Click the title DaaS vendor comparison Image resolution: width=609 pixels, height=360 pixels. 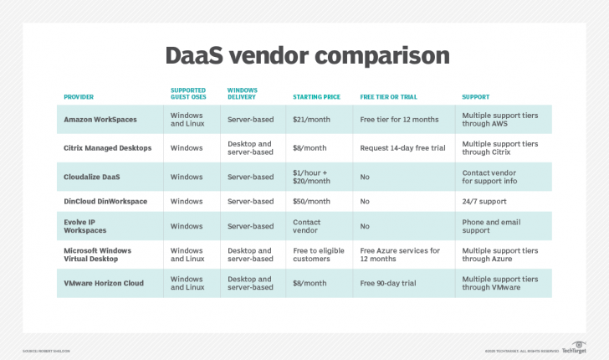pos(304,56)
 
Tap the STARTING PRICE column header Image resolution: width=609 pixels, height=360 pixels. pos(316,97)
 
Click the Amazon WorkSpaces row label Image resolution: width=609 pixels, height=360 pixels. pos(100,120)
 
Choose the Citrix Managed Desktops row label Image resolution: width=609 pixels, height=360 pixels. pos(108,148)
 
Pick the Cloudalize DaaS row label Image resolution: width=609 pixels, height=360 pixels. pos(95,177)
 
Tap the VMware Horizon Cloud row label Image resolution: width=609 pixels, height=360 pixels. pos(104,283)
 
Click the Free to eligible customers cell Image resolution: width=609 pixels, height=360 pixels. pos(319,255)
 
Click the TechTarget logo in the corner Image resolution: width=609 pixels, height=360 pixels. pos(578,346)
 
